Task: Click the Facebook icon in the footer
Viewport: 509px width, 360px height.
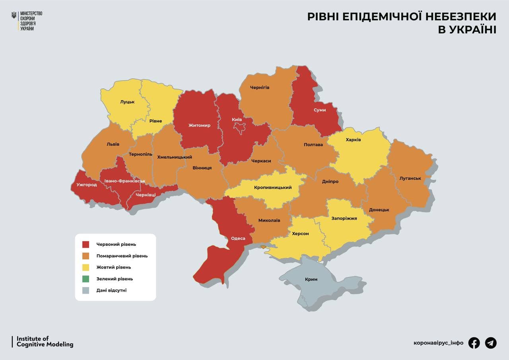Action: (x=474, y=342)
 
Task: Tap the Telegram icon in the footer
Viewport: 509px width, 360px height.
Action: (x=491, y=342)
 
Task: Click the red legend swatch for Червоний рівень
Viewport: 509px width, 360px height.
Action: (x=85, y=244)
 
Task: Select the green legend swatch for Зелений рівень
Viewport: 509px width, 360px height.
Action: (x=85, y=279)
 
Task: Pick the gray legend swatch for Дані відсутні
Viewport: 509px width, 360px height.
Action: (x=85, y=290)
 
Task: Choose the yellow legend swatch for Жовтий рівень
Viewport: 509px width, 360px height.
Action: (x=85, y=267)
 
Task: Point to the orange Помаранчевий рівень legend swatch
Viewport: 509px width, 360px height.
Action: (x=85, y=256)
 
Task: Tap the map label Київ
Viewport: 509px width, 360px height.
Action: (x=237, y=119)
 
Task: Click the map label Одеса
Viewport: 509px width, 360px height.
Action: (x=238, y=239)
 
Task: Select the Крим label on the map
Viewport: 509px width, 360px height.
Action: (x=311, y=279)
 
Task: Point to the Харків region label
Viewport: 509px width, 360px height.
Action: (x=353, y=140)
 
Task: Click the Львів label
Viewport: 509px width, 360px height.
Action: (x=113, y=144)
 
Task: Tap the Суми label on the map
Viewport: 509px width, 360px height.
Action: (x=319, y=110)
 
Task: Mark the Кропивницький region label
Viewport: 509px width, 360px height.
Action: (x=273, y=188)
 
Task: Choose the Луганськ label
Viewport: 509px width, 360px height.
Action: (x=410, y=178)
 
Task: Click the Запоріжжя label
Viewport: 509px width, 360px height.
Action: (x=344, y=218)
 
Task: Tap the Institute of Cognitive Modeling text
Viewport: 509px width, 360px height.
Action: (x=45, y=342)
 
